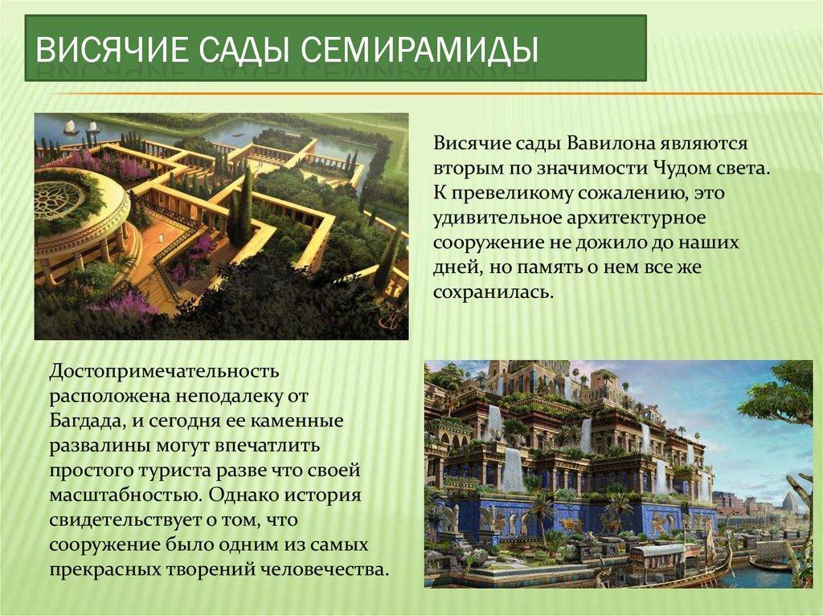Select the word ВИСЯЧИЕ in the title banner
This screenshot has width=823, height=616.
click(x=112, y=51)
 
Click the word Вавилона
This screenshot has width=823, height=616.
click(x=610, y=143)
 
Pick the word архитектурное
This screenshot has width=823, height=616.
click(x=637, y=218)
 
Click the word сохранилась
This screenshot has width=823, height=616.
click(x=493, y=292)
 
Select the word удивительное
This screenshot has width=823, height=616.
click(x=497, y=218)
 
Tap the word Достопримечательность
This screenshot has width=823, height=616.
click(x=164, y=372)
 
